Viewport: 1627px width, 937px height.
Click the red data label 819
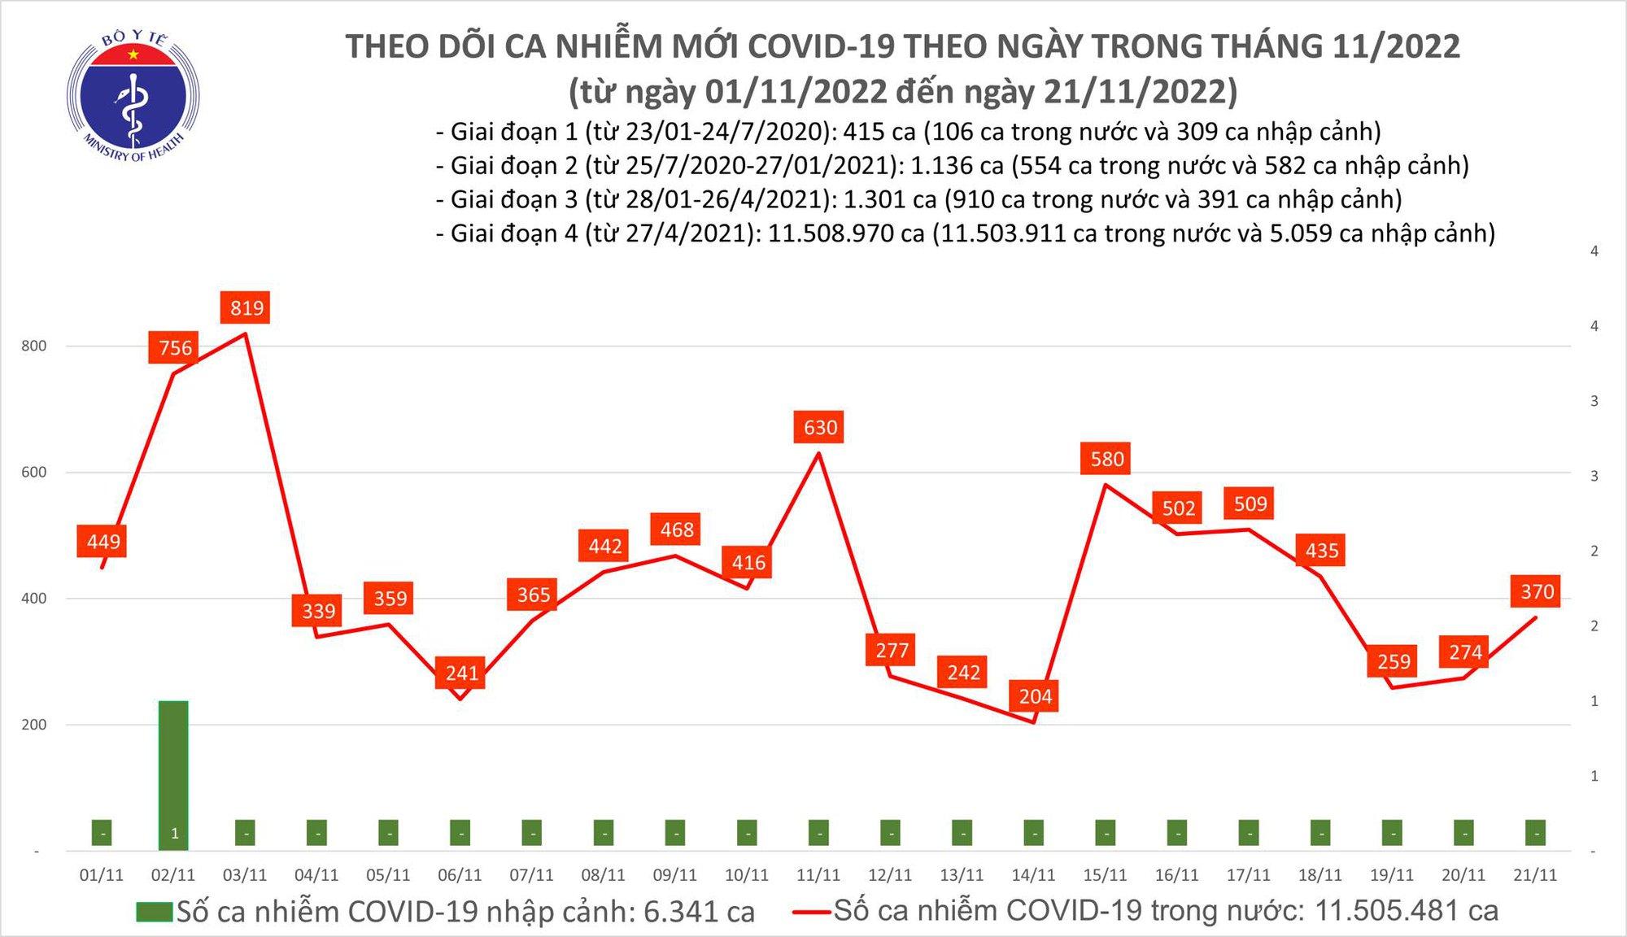pyautogui.click(x=246, y=307)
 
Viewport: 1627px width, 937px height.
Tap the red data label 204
pyautogui.click(x=1035, y=696)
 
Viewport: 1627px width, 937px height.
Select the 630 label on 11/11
pyautogui.click(x=819, y=427)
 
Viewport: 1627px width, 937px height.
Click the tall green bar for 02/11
pyautogui.click(x=173, y=773)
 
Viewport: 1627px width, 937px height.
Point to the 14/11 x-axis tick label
pyautogui.click(x=1033, y=875)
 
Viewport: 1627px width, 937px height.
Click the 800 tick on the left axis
pyautogui.click(x=34, y=346)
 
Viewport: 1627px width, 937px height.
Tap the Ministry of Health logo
pyautogui.click(x=133, y=96)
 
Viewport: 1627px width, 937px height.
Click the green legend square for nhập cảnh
pyautogui.click(x=155, y=912)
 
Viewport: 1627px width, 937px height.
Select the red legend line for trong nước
pyautogui.click(x=811, y=912)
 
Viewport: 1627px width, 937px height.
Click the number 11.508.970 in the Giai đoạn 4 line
pyautogui.click(x=846, y=233)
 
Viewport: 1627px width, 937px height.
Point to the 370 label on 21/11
pyautogui.click(x=1537, y=591)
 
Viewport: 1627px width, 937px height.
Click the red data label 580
pyautogui.click(x=1106, y=459)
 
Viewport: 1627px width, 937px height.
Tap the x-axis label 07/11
pyautogui.click(x=531, y=875)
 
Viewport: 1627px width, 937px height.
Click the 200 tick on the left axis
pyautogui.click(x=34, y=725)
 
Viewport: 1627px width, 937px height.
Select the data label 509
pyautogui.click(x=1250, y=503)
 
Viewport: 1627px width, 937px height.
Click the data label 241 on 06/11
pyautogui.click(x=461, y=673)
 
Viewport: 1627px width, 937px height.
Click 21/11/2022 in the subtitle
pyautogui.click(x=1139, y=91)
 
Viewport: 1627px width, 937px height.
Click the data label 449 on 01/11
pyautogui.click(x=103, y=542)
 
